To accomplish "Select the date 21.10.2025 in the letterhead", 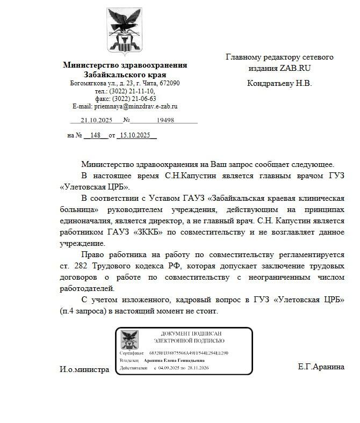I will coord(95,120).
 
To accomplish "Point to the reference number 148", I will coord(96,135).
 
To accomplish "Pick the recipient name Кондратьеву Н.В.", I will coord(279,83).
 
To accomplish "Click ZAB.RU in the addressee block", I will coord(295,68).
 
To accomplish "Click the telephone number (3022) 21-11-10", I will coord(132,91).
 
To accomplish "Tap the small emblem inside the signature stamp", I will coord(129,340).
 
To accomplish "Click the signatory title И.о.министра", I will coord(84,369).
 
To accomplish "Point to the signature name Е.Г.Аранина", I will coord(321,367).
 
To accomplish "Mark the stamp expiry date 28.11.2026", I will coord(196,368).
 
